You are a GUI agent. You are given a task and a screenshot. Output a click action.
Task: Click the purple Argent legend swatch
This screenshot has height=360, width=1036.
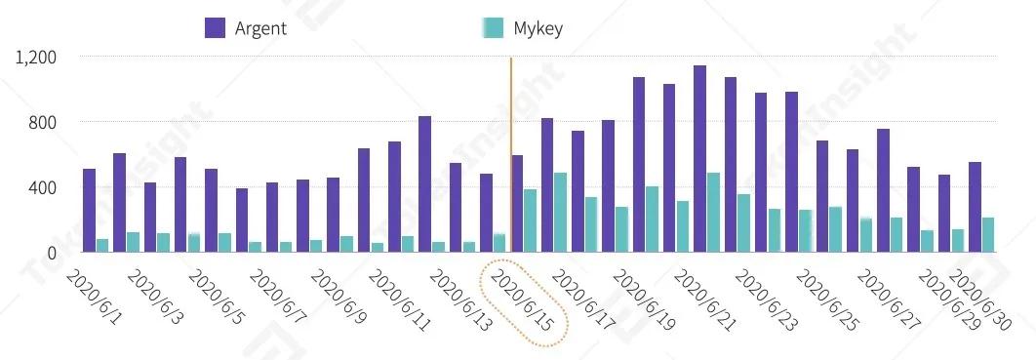click(215, 27)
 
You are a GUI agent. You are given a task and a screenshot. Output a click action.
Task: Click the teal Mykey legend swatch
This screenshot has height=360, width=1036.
click(494, 27)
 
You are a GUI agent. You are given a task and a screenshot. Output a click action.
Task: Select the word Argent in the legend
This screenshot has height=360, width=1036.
click(260, 28)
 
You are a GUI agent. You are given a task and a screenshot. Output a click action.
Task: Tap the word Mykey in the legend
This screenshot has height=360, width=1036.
click(538, 28)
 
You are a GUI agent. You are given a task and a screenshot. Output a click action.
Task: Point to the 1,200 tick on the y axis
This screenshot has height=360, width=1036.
click(37, 58)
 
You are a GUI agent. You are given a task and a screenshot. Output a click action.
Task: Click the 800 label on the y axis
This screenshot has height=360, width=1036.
click(44, 123)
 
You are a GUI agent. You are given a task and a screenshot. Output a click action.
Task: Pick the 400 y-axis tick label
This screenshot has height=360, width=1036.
click(44, 187)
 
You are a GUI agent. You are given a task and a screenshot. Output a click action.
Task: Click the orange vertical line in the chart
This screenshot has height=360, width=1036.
click(510, 146)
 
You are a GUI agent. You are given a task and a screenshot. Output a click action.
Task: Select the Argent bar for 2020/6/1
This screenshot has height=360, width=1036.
click(89, 211)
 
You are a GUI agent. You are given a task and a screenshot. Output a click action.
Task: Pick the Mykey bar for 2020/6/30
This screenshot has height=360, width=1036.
click(987, 235)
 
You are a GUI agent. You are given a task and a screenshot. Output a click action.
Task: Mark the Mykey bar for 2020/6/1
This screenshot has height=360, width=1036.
click(102, 246)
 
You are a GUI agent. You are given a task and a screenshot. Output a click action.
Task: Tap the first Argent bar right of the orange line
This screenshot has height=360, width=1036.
click(517, 204)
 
